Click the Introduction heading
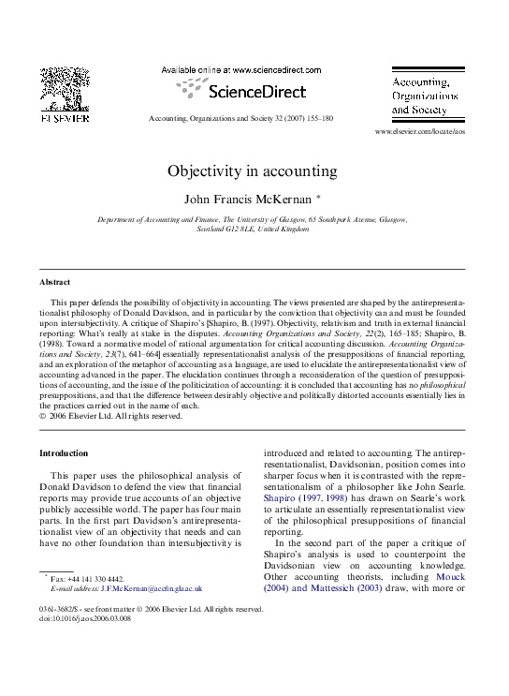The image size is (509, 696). tap(64, 453)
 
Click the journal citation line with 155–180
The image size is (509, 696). tap(240, 120)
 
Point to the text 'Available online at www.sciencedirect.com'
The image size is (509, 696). tap(241, 70)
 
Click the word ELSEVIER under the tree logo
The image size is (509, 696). tap(64, 119)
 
